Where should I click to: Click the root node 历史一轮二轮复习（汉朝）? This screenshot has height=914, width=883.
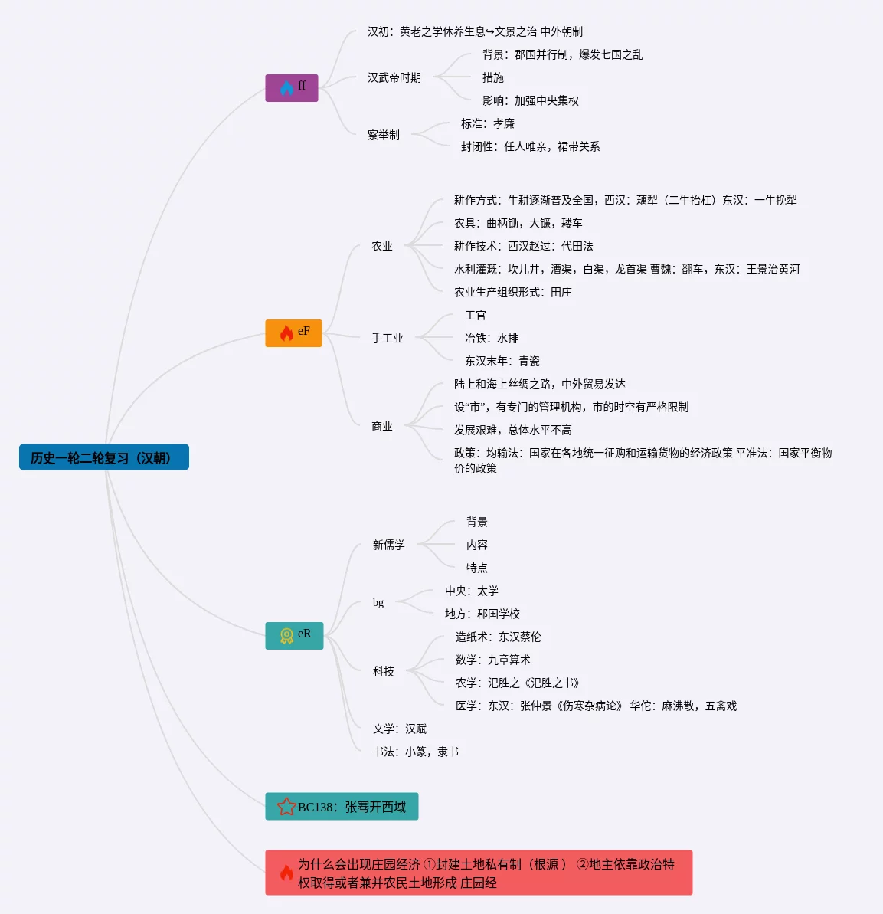coord(103,457)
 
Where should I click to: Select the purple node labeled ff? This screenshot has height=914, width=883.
coord(291,87)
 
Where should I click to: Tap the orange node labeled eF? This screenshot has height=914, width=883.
coord(293,333)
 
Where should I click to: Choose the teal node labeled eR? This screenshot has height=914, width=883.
coord(294,635)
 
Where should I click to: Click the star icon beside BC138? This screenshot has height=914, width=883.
coord(286,806)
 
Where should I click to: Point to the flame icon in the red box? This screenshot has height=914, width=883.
coord(286,873)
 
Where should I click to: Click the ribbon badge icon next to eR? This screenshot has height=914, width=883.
coord(286,636)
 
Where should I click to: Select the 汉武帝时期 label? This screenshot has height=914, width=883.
coord(394,77)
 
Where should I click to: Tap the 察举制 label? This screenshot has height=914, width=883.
coord(384,135)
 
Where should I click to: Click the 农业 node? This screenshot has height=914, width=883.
coord(382,246)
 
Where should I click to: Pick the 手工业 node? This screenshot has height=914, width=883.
coord(388,338)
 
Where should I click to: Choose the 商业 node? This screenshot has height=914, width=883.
coord(382,426)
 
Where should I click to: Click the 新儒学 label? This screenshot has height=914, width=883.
coord(389,545)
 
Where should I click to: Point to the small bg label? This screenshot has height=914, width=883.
coord(378,602)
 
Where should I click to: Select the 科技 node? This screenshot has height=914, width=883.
coord(384,671)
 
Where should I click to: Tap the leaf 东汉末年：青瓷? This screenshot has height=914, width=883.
coord(502,361)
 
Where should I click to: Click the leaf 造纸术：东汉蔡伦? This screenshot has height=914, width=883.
coord(499,637)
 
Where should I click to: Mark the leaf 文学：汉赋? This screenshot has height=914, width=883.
coord(400,729)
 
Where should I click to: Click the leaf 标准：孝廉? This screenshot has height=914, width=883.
coord(488,123)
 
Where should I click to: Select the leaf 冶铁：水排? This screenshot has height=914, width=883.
coord(492,338)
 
